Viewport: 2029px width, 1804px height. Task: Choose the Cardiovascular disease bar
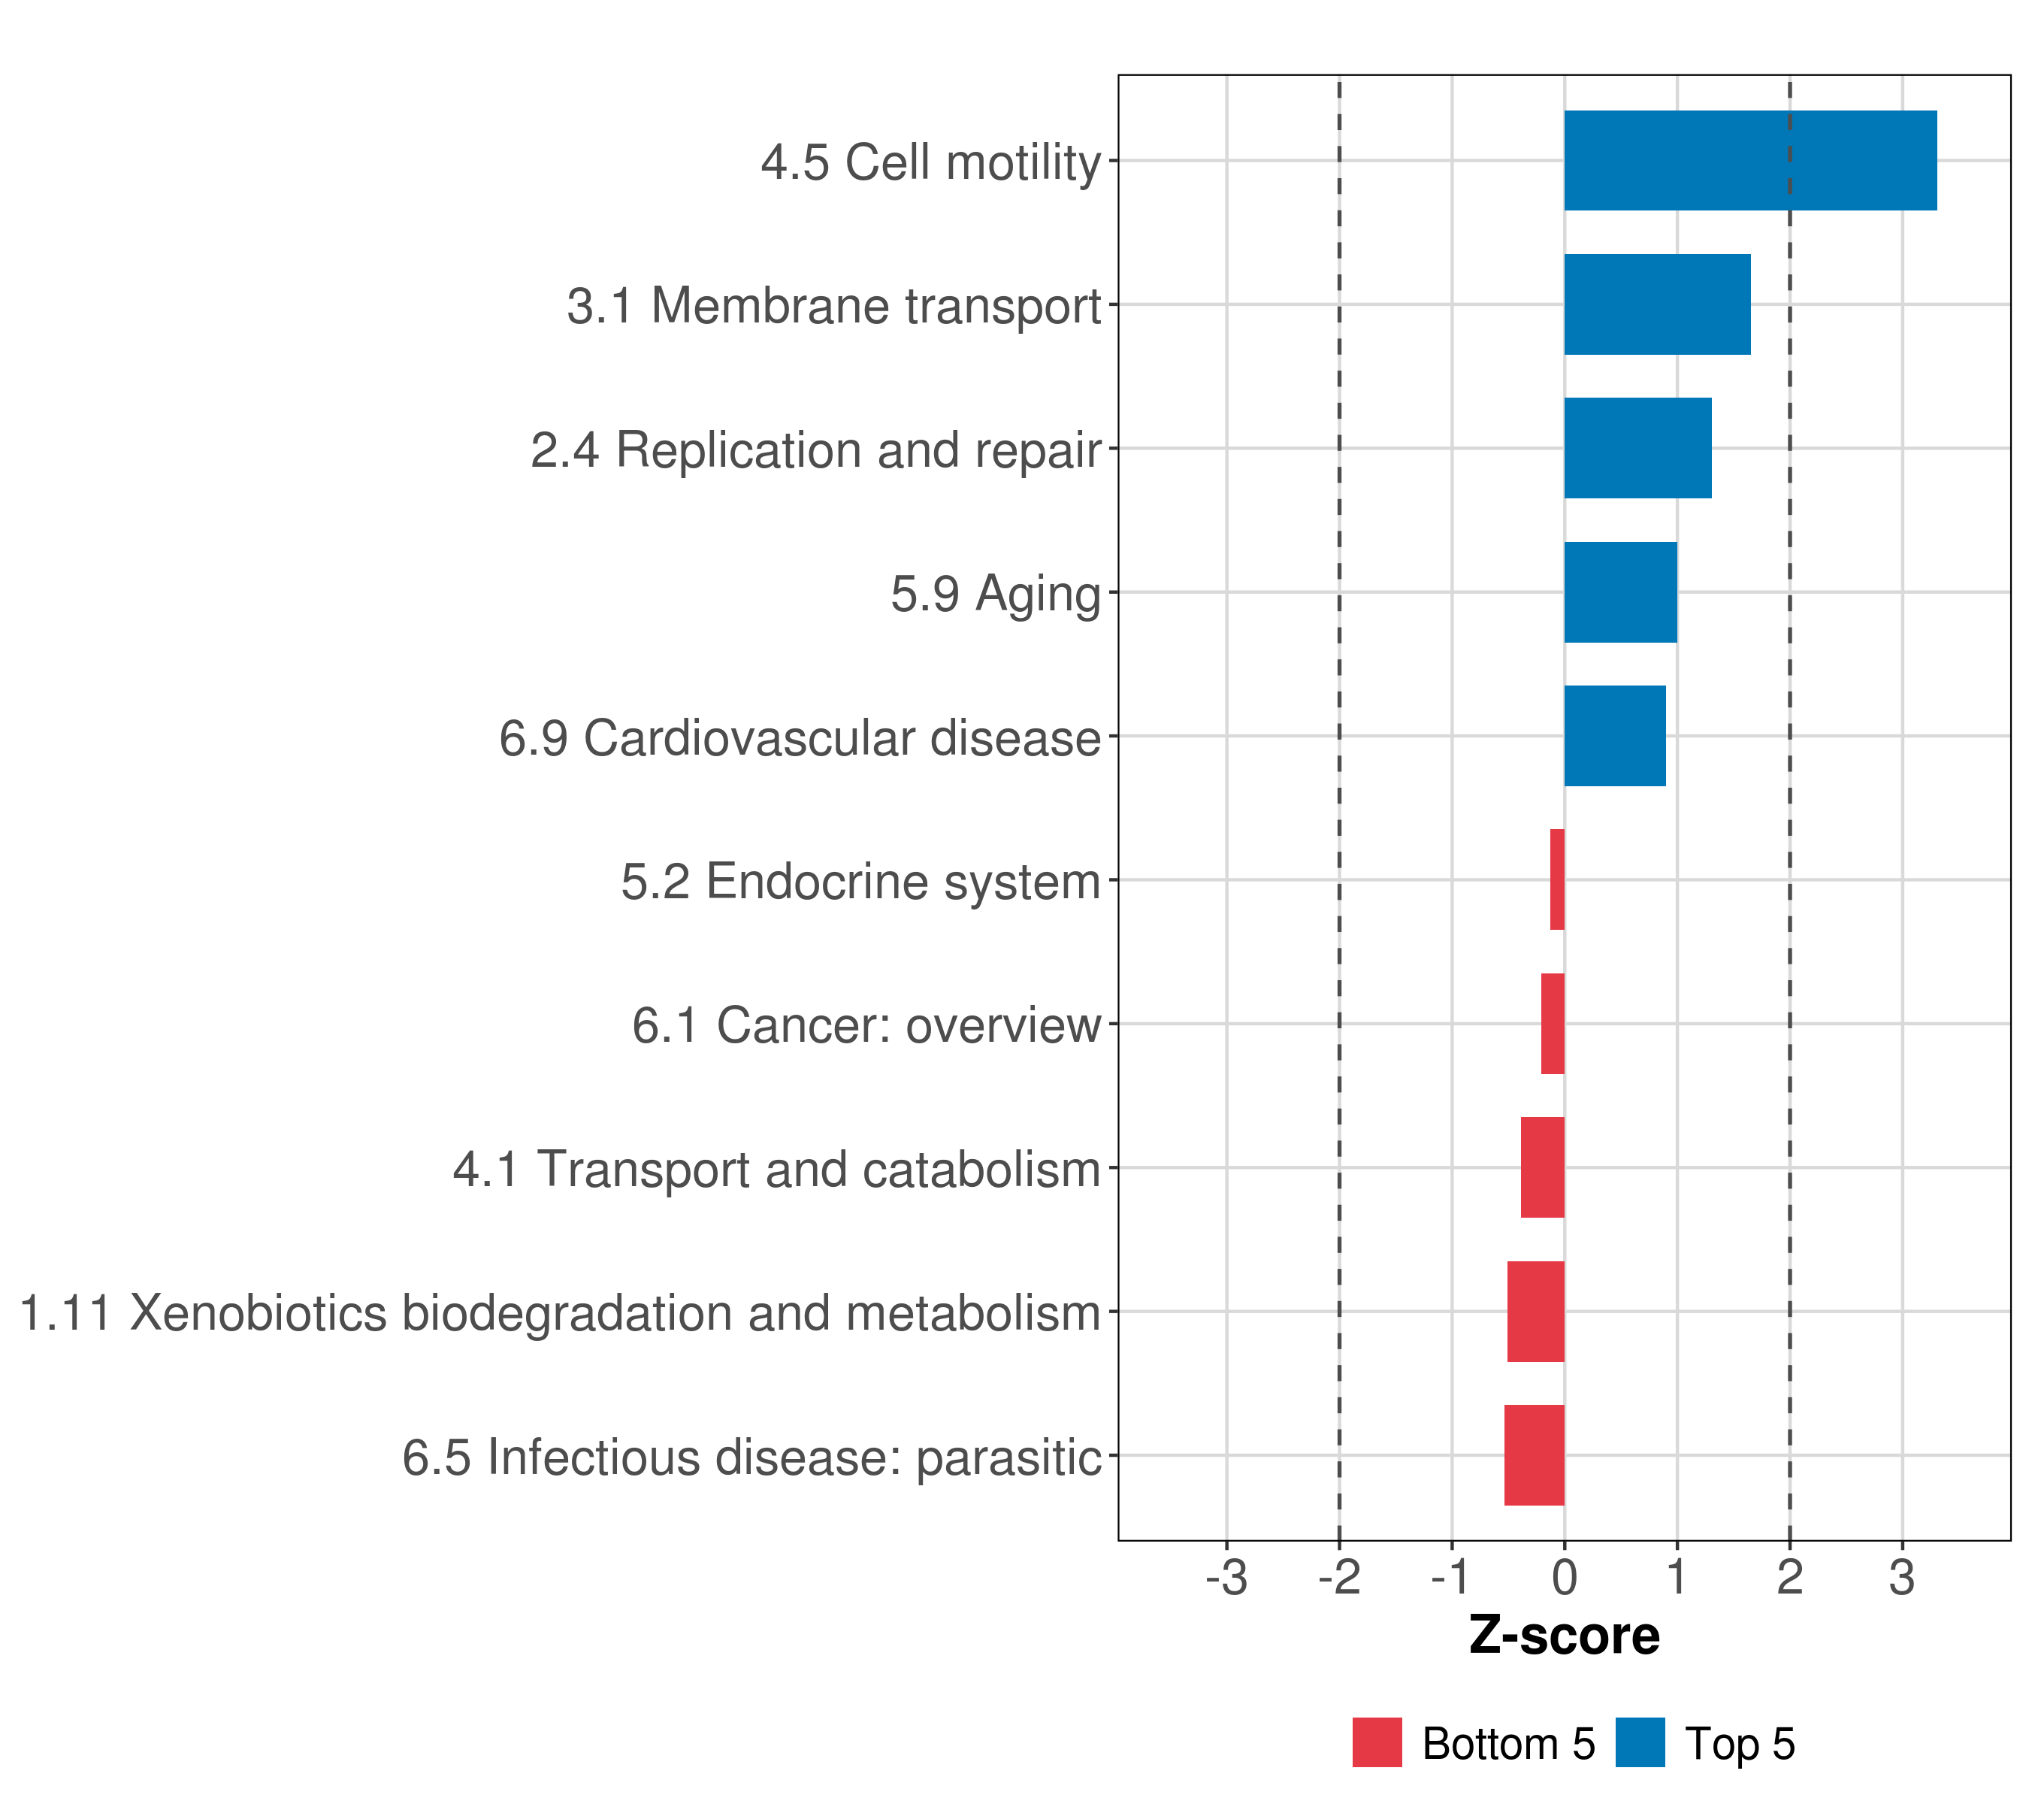pos(1614,736)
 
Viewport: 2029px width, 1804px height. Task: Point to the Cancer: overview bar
pos(1553,1024)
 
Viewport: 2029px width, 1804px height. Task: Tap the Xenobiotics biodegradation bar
pos(1535,1312)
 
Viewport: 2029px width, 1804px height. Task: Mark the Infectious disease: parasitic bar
pos(1534,1455)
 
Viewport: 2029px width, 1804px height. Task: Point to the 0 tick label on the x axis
pos(1565,1578)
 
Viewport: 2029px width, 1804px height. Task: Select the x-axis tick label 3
pos(1902,1578)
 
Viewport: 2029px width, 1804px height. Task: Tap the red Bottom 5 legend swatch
pos(1377,1742)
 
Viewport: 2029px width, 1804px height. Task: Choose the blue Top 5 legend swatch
pos(1640,1742)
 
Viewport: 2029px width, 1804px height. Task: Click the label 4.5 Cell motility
pos(930,162)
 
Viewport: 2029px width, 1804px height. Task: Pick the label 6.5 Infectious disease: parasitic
pos(751,1457)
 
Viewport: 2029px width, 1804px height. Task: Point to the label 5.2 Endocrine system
pos(860,882)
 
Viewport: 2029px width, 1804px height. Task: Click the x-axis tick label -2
pos(1339,1578)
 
